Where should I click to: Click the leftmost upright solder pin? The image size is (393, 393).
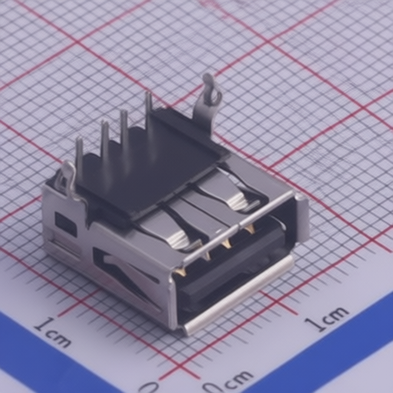coord(79,157)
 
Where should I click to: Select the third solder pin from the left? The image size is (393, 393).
coord(124,130)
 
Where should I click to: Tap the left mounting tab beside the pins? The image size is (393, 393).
coord(68,178)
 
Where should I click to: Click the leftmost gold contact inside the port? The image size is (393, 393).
coord(180,271)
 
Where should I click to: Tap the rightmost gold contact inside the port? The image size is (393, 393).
coord(249,228)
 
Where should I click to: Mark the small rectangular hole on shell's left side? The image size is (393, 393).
coord(65,224)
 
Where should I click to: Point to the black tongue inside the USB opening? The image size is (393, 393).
coord(230,265)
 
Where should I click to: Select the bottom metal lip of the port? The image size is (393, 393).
coord(238,296)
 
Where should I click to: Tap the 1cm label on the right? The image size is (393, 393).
coord(327,318)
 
